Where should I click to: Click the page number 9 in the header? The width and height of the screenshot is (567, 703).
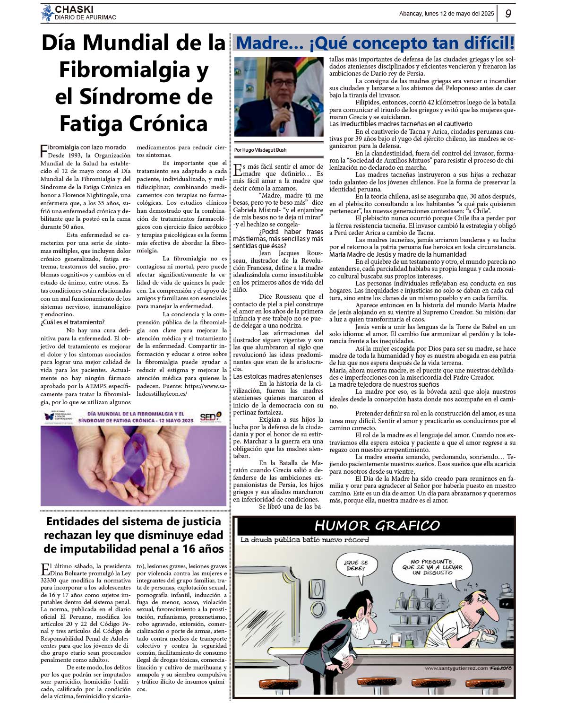pos(508,14)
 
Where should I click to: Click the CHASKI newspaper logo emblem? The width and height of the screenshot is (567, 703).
pos(47,13)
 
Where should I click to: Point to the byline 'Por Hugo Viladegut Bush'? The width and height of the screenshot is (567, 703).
pos(260,150)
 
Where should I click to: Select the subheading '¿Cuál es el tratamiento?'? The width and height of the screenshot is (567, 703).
pos(72,322)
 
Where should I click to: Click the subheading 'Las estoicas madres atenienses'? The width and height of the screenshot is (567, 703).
pos(278,376)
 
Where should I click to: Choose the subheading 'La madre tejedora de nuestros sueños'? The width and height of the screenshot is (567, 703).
pos(384,384)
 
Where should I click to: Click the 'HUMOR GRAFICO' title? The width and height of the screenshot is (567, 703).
pos(377,525)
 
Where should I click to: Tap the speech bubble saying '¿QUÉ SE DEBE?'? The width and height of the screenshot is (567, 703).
pos(355,565)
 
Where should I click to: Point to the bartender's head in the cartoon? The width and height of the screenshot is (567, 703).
pos(477,599)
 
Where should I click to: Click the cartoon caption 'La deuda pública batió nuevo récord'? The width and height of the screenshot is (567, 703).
pos(304,540)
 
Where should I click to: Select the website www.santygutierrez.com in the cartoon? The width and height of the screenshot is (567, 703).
pos(456,668)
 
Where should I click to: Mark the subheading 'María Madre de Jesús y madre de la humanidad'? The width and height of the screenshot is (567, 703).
pos(397,254)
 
